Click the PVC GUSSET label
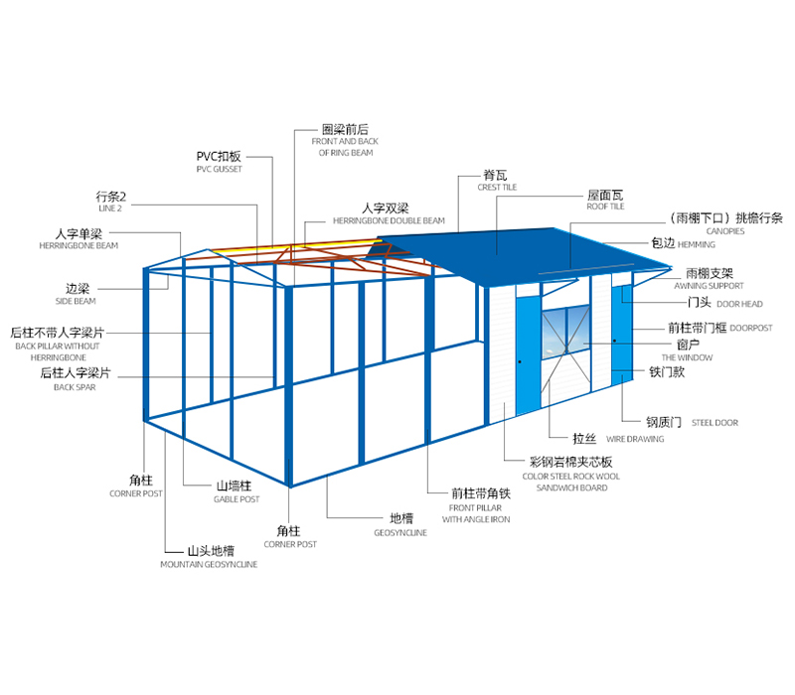coord(219,169)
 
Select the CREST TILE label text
coord(497,188)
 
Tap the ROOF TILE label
coord(605,207)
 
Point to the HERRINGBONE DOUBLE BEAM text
coord(389,220)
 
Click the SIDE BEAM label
coord(76,302)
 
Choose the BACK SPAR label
coord(75,387)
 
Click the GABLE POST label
coord(237,499)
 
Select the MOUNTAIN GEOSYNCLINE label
coord(209,564)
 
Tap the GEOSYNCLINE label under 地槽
coord(400,533)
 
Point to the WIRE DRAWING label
coord(635,439)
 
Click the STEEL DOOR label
coord(715,423)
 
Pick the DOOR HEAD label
coord(739,304)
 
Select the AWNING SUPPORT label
coord(709,286)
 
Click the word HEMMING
coord(697,244)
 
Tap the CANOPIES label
coord(725,231)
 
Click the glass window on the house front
coord(565,333)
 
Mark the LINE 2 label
coord(110,208)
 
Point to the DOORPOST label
coord(751,329)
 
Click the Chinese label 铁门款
coord(667,372)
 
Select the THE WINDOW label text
coord(687,358)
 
